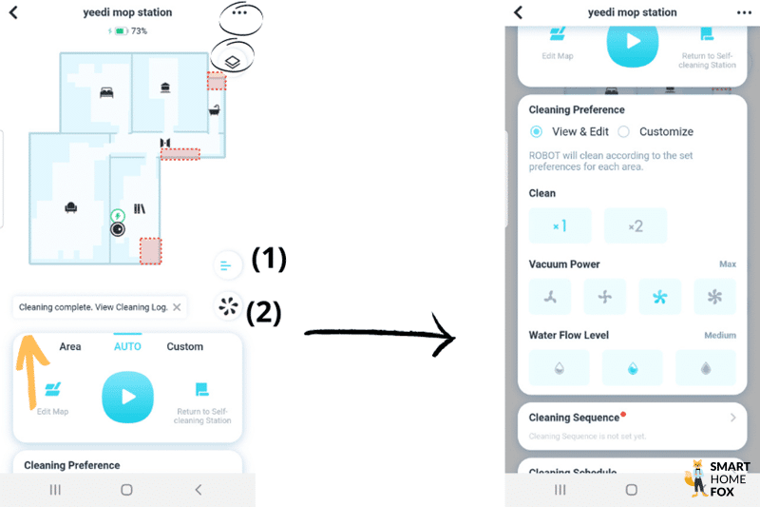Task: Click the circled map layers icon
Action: coord(232,59)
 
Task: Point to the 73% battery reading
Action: coord(139,31)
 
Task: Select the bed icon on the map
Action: coord(106,92)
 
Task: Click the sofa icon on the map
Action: coord(70,206)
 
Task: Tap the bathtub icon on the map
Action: coord(215,109)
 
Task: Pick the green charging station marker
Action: coord(117,216)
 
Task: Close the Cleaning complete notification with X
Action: coord(177,307)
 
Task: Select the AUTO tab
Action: coord(127,346)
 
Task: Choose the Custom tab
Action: coord(185,346)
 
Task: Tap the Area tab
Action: coord(70,346)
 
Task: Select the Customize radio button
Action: coord(624,131)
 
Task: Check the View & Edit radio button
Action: coord(537,131)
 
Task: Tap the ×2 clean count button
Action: coord(636,226)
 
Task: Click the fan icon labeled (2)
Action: coord(227,306)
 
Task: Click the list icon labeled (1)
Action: coord(226,265)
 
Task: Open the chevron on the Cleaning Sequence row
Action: coord(732,418)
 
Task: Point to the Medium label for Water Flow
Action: coord(720,335)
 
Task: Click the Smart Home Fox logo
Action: coord(718,478)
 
